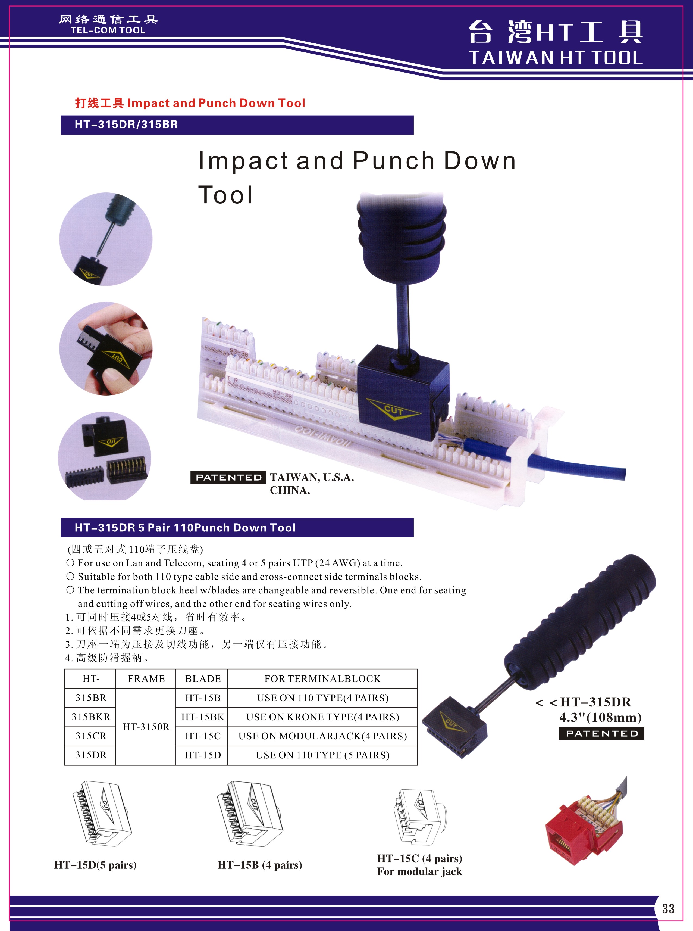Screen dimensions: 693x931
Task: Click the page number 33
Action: (x=668, y=908)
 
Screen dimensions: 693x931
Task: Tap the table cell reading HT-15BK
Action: (x=203, y=717)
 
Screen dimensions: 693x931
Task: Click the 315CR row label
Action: (x=91, y=736)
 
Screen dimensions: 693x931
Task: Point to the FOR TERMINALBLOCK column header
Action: (x=322, y=679)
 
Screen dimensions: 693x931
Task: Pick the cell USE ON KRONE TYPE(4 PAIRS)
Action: (x=322, y=717)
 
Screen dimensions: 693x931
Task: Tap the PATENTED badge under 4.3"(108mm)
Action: (x=601, y=733)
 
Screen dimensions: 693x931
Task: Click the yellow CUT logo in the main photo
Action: (x=393, y=410)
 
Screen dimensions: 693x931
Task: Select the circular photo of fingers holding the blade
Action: (x=106, y=348)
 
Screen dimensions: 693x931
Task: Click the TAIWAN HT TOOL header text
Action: (x=556, y=58)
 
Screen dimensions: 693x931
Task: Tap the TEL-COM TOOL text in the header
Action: (x=108, y=30)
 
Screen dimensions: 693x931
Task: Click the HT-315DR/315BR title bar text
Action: (x=126, y=125)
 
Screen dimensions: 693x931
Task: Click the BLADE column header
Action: (x=203, y=679)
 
